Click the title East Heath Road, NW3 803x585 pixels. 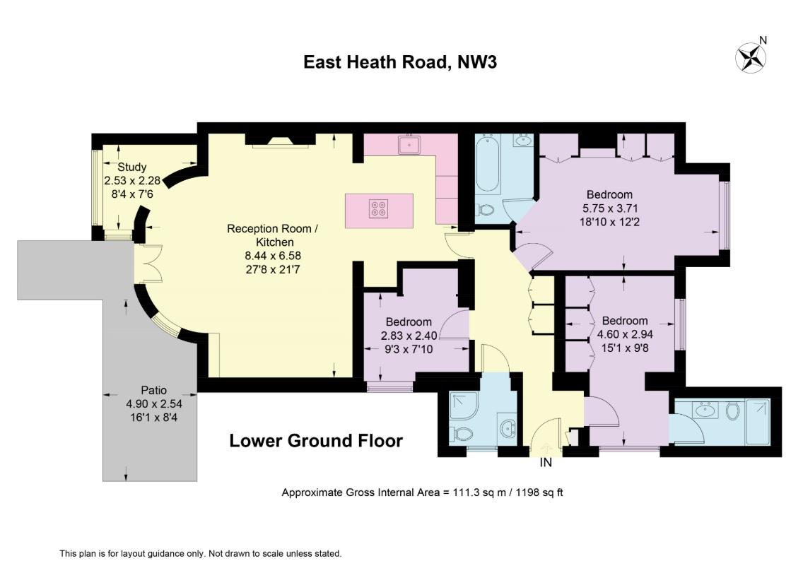(400, 62)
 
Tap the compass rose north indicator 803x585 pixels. (751, 57)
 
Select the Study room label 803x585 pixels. (132, 167)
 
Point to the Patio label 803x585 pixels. (153, 390)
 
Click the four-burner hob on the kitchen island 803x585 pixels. (379, 209)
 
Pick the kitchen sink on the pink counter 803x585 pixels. (410, 145)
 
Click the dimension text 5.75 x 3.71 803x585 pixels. (609, 208)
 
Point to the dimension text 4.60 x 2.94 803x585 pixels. (625, 333)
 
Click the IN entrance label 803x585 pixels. (546, 463)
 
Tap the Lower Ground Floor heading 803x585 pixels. (316, 442)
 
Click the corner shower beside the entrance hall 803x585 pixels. (464, 406)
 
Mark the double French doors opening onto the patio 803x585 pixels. (148, 263)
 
